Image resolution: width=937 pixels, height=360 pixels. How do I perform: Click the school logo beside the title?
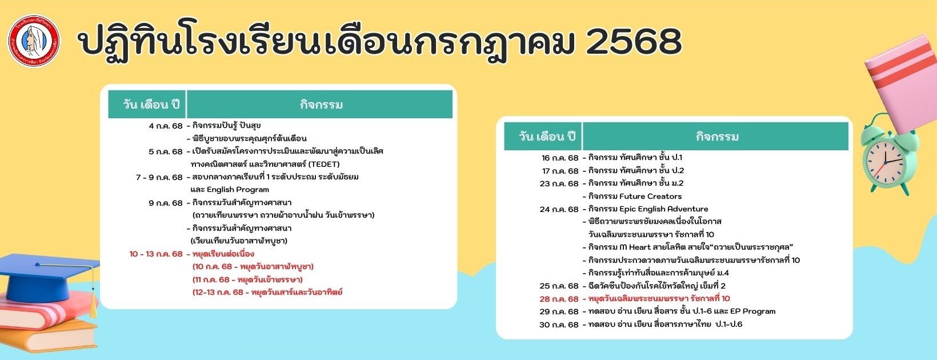[x=34, y=41]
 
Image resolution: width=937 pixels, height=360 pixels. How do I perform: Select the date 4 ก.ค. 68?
[x=166, y=126]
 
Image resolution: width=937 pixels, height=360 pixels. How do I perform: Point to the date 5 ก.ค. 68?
[x=166, y=151]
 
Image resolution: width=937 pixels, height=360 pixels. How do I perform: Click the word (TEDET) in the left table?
[x=324, y=164]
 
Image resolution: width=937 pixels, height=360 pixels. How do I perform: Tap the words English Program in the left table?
[x=238, y=190]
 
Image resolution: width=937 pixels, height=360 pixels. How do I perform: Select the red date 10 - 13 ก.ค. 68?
[x=156, y=254]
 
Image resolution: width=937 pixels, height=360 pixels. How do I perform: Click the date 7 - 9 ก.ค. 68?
[x=159, y=178]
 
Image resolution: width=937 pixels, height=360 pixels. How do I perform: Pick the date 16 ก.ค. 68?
[x=560, y=158]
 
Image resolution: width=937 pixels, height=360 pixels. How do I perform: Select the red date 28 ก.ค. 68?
[x=559, y=299]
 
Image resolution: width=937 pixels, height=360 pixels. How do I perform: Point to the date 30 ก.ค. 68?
[x=559, y=325]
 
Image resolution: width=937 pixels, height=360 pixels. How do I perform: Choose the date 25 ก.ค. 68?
[x=559, y=286]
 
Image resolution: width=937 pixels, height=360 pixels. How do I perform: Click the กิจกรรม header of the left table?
[x=321, y=104]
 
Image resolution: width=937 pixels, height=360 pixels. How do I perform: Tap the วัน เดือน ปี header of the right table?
[x=547, y=137]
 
